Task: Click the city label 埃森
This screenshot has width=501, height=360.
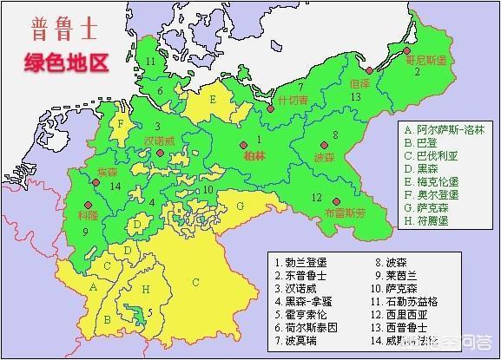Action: (107, 172)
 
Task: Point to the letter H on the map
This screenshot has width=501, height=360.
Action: (145, 287)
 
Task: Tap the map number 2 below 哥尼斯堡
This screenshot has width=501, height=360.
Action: (417, 72)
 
